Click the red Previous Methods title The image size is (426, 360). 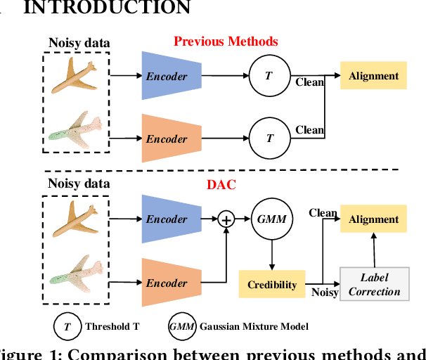[x=226, y=41]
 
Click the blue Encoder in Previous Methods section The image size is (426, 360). [x=167, y=75]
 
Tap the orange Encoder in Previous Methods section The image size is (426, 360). [x=167, y=139]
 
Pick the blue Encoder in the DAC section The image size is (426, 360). [x=167, y=219]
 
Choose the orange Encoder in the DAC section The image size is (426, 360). [x=167, y=283]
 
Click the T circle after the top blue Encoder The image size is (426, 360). [x=269, y=75]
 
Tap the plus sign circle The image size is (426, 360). [x=226, y=220]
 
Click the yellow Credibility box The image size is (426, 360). [x=271, y=285]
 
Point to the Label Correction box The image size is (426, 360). [x=374, y=284]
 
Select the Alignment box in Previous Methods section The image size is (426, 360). [x=373, y=75]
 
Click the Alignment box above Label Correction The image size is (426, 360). [x=373, y=219]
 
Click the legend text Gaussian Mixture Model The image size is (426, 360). [x=255, y=326]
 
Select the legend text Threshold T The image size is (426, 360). [x=112, y=326]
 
